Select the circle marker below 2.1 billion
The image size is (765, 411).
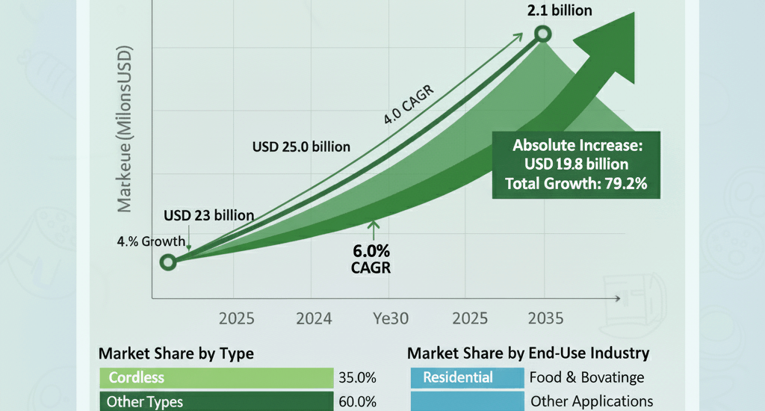543,34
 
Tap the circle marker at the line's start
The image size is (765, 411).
168,262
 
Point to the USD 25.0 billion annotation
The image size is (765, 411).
301,146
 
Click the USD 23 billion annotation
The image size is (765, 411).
208,215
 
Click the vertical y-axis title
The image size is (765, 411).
124,130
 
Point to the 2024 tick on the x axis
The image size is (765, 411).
314,318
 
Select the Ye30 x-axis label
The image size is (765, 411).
390,318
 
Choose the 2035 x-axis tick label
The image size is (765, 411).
545,318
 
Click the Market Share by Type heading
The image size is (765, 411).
176,353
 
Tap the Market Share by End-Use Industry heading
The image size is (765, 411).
528,353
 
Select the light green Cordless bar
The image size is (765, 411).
217,377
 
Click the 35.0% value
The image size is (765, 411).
357,377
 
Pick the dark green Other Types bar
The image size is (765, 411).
217,401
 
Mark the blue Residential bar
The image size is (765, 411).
466,377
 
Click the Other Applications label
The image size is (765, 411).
592,401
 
